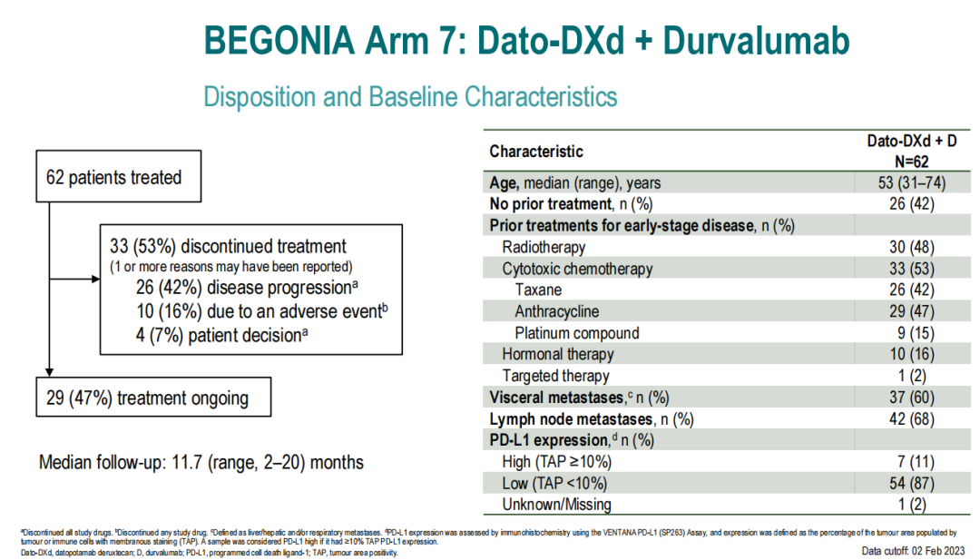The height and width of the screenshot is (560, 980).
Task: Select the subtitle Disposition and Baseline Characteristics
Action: pyautogui.click(x=410, y=96)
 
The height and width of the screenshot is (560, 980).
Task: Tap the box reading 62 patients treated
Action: pyautogui.click(x=114, y=178)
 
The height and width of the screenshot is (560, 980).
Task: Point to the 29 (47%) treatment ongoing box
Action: pyautogui.click(x=147, y=398)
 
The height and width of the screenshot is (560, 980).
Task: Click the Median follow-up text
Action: pyautogui.click(x=201, y=462)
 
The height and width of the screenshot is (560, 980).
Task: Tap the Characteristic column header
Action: pyautogui.click(x=536, y=151)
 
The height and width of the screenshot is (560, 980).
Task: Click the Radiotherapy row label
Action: pyautogui.click(x=544, y=247)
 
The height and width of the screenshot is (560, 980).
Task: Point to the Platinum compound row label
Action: pyautogui.click(x=576, y=333)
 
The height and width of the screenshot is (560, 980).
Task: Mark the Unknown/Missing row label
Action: pyautogui.click(x=556, y=505)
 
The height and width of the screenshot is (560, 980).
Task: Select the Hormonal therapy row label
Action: pyautogui.click(x=557, y=354)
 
